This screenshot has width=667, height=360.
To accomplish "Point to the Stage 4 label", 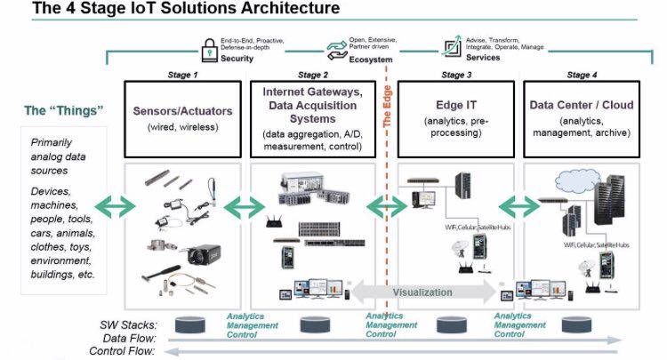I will click(583, 75).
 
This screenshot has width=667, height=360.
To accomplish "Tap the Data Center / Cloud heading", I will click(583, 105).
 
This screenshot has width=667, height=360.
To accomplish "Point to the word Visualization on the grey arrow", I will click(422, 292).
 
